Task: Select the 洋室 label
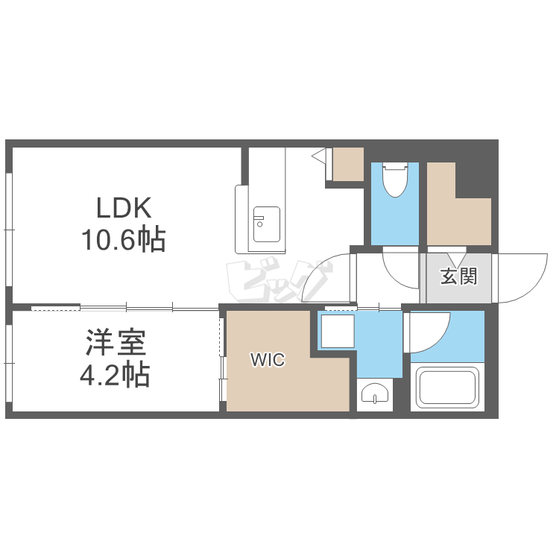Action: (x=116, y=343)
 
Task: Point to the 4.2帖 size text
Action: (x=115, y=375)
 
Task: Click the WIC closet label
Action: (x=268, y=360)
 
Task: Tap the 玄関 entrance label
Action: (x=458, y=277)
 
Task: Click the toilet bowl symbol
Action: (x=395, y=180)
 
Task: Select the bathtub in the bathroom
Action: (x=447, y=388)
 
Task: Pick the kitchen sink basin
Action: (x=267, y=224)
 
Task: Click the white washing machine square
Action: (x=338, y=331)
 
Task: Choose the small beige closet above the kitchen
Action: (x=348, y=164)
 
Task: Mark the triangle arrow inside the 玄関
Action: (x=457, y=259)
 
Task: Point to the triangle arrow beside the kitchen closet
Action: (x=319, y=156)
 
